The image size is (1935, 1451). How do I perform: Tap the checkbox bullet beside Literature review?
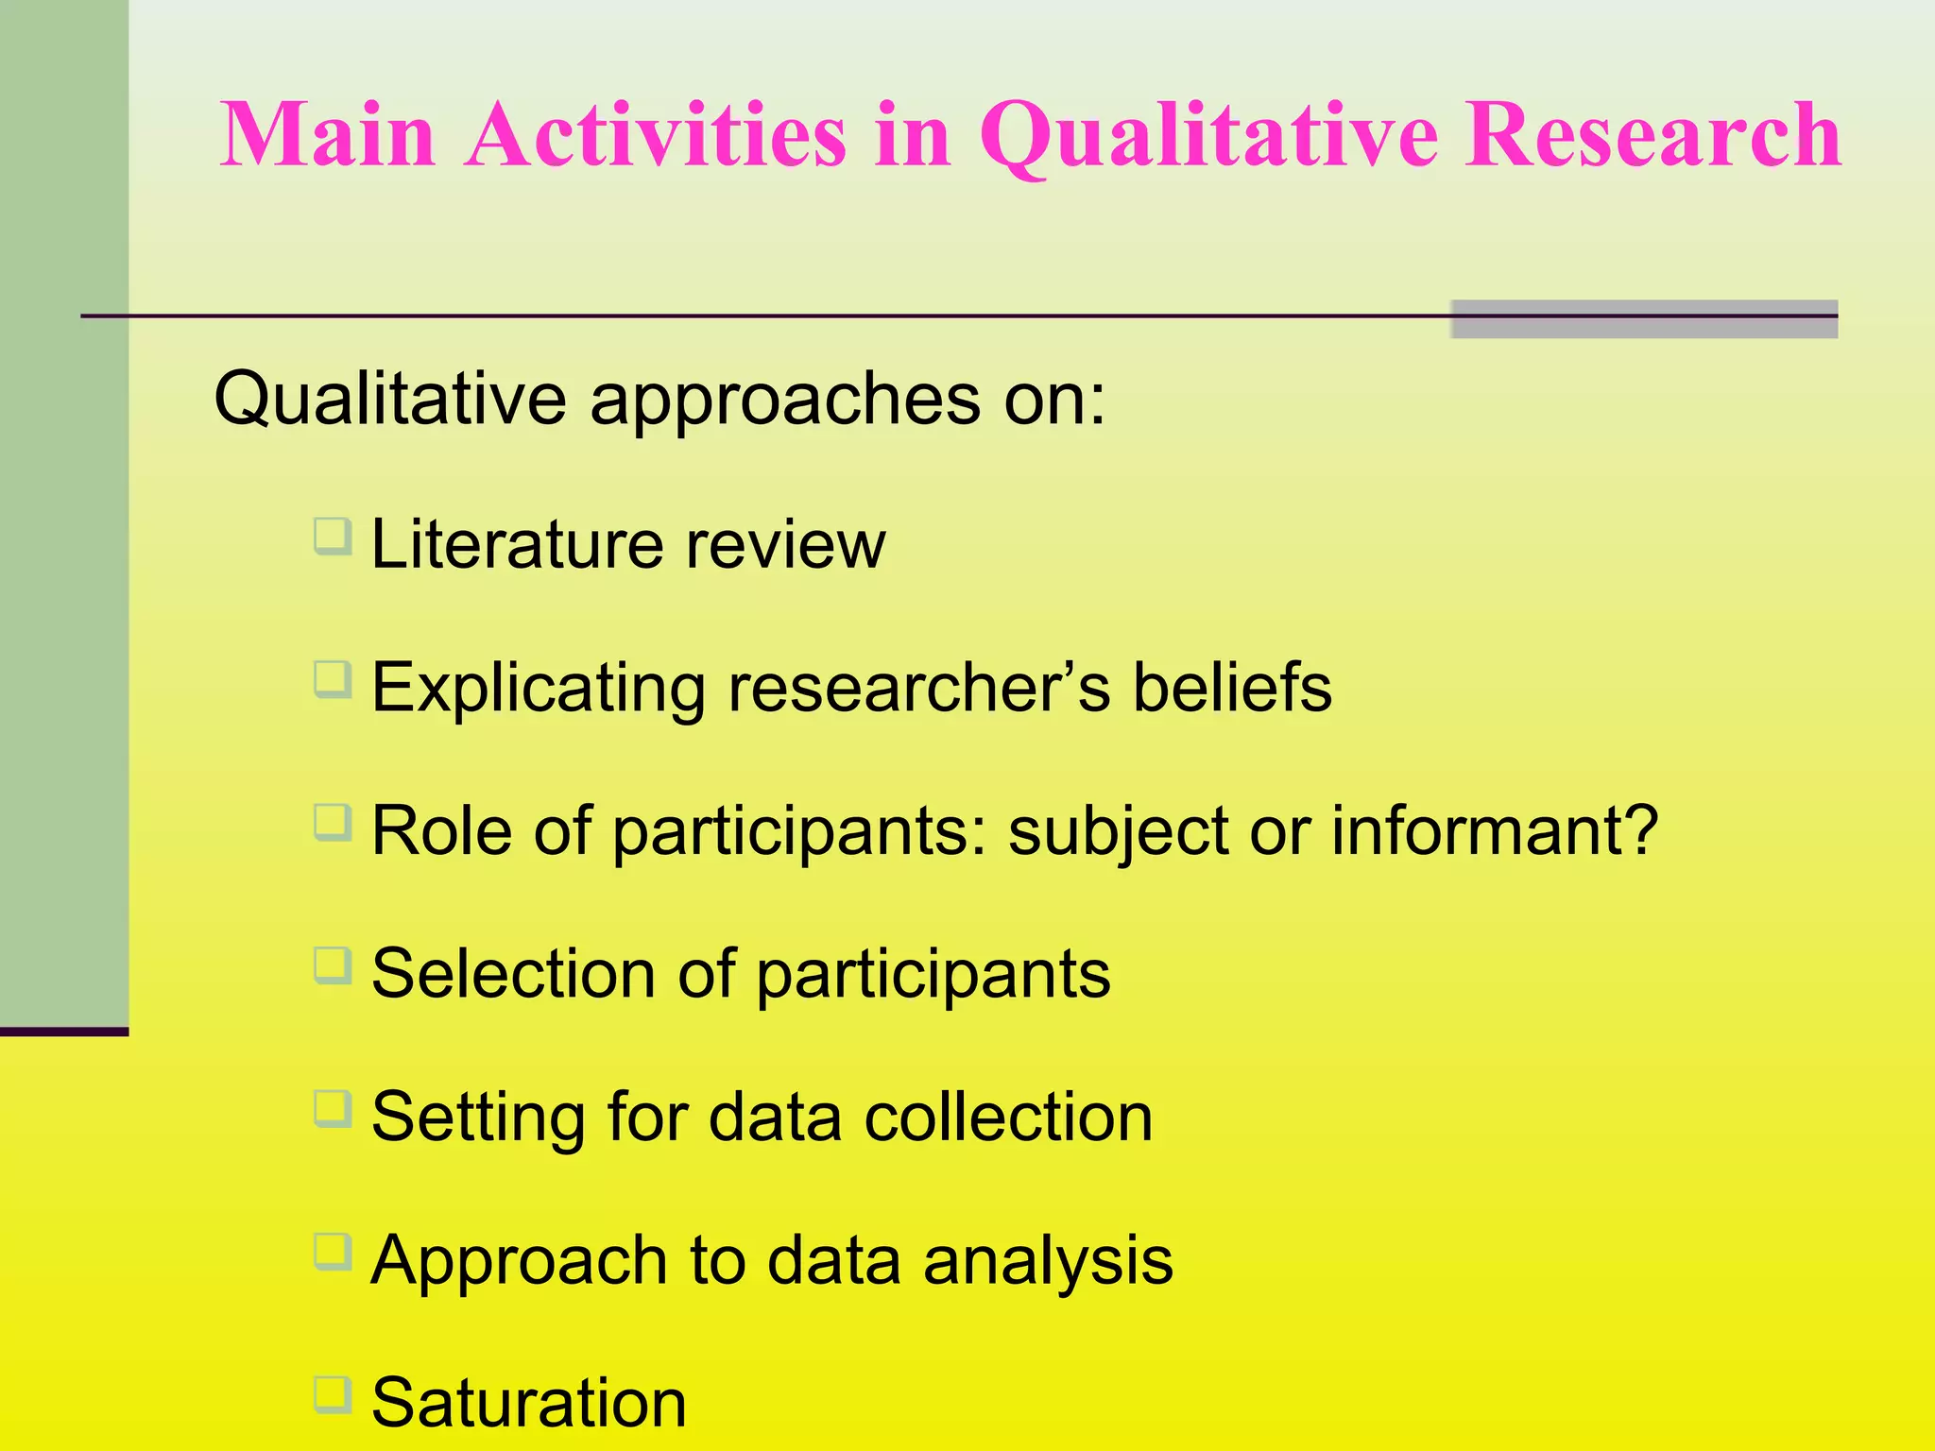pyautogui.click(x=333, y=537)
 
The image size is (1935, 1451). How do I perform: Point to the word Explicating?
pyautogui.click(x=538, y=690)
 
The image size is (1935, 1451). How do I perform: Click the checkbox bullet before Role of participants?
pyautogui.click(x=333, y=823)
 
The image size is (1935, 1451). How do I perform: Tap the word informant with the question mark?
pyautogui.click(x=1494, y=831)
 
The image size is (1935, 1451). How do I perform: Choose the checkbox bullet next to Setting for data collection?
pyautogui.click(x=333, y=1109)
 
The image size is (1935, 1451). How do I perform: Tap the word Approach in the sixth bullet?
pyautogui.click(x=519, y=1262)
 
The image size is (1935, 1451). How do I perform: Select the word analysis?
pyautogui.click(x=1048, y=1262)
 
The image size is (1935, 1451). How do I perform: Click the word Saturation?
pyautogui.click(x=529, y=1404)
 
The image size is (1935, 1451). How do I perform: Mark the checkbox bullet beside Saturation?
pyautogui.click(x=333, y=1395)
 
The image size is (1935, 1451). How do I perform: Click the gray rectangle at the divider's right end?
pyautogui.click(x=1643, y=319)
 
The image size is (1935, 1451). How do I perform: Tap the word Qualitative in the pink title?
pyautogui.click(x=1208, y=138)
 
